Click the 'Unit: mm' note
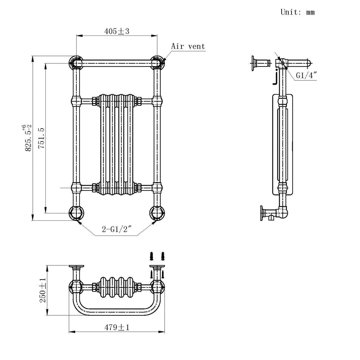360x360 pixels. [297, 12]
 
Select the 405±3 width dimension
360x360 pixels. [117, 31]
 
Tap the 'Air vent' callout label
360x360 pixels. [188, 46]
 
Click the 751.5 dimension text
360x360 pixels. [41, 139]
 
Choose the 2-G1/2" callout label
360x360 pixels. [116, 230]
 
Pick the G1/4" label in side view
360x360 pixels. [306, 75]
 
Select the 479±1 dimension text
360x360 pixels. [117, 327]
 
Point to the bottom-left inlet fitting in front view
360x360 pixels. [76, 213]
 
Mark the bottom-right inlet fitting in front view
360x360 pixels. [157, 213]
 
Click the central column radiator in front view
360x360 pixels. [116, 144]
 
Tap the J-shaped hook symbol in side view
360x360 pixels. [276, 78]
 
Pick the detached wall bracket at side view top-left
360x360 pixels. [260, 63]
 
